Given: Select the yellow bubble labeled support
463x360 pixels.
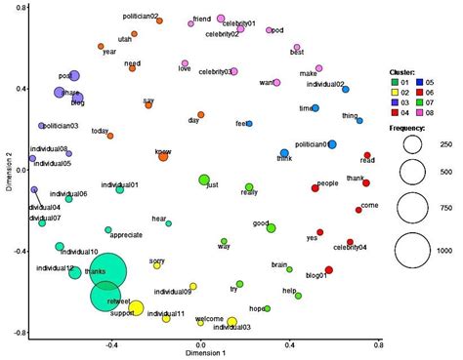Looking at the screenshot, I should tap(137, 308).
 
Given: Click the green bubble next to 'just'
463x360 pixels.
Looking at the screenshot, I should tap(204, 180).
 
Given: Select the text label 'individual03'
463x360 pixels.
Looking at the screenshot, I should tap(231, 328).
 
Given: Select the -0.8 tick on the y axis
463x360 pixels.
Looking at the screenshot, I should tap(19, 333).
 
